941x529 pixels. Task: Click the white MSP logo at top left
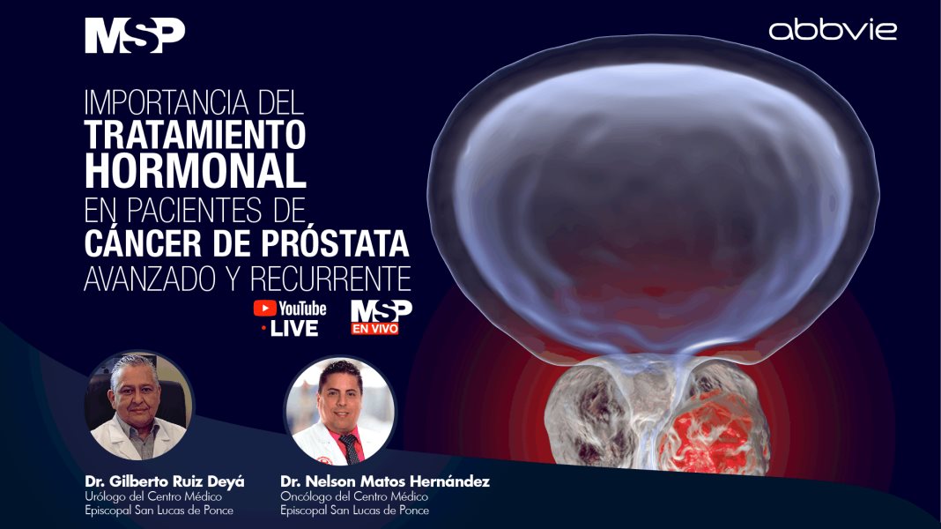click(x=135, y=36)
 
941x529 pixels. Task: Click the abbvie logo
click(x=833, y=31)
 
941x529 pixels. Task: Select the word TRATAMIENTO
click(x=195, y=136)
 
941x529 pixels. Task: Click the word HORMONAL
click(x=195, y=170)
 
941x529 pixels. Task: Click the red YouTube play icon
click(x=263, y=309)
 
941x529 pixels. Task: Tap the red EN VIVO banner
click(x=374, y=329)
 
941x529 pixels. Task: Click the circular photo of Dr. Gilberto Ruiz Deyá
click(x=138, y=405)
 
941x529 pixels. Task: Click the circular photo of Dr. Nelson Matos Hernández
click(x=339, y=411)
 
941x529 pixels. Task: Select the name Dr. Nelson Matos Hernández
click(x=384, y=482)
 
